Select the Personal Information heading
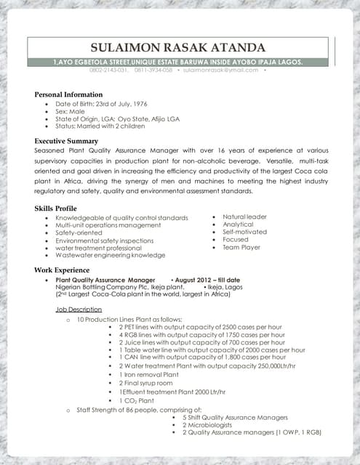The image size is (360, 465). pos(70,94)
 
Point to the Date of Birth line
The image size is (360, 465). pos(95,105)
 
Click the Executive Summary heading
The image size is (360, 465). pos(66,140)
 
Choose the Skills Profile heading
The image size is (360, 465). pos(56,209)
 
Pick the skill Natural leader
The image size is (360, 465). pos(244,217)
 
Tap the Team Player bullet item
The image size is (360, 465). pos(241,247)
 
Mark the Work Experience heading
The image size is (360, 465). pos(63,270)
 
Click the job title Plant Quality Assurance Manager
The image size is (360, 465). pos(105,280)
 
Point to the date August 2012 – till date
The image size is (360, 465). pos(207,280)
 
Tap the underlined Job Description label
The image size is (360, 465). pos(79,310)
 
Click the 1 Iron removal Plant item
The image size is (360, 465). pos(148,374)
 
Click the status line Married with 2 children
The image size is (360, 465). pos(110,127)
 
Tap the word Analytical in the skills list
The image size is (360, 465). pos(238,225)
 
